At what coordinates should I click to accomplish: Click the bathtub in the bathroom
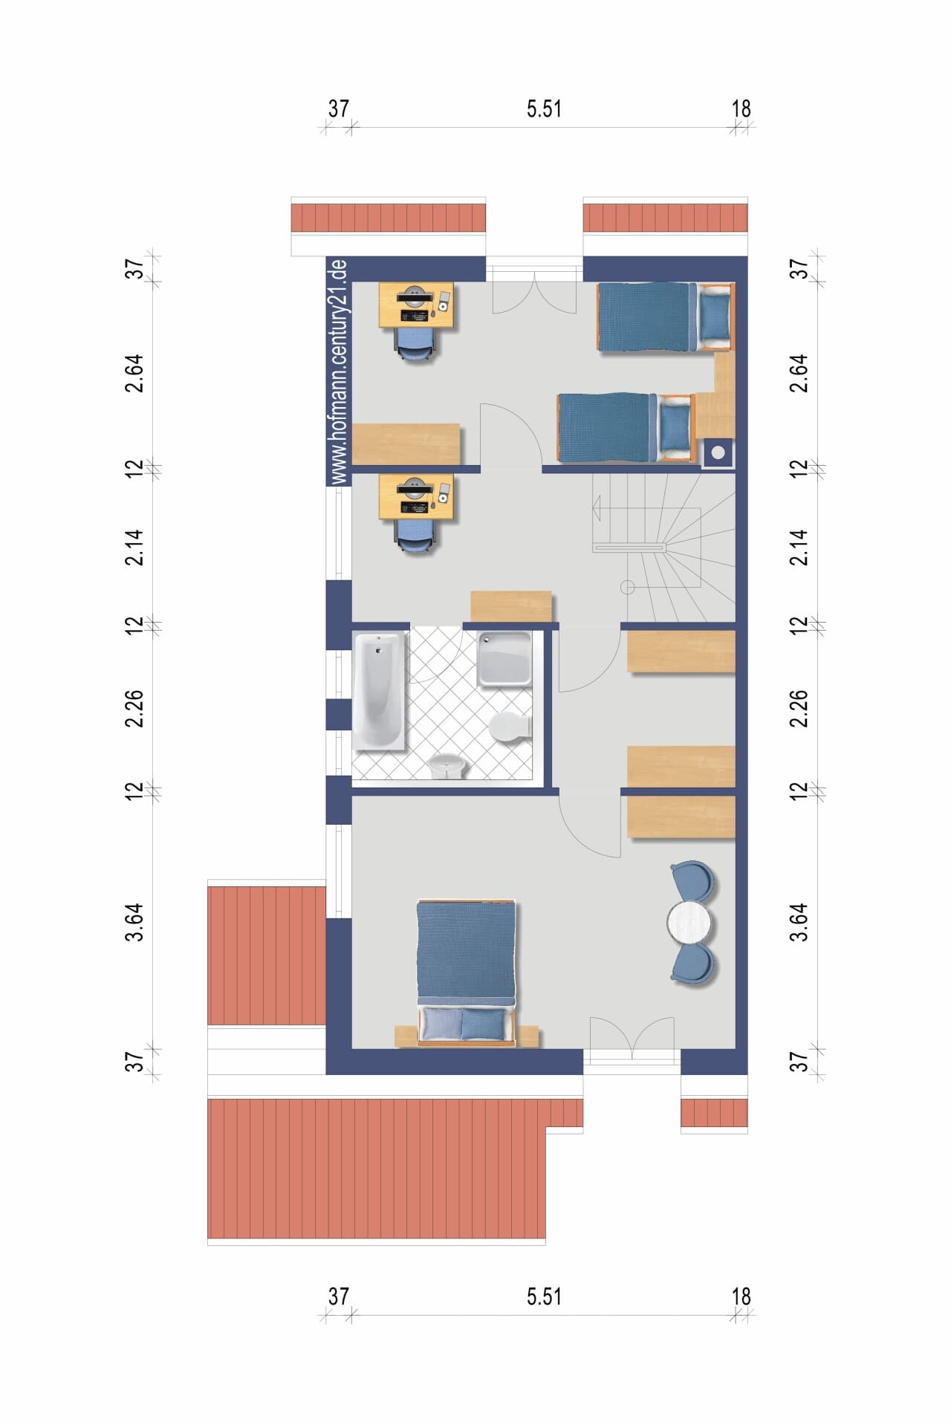[x=380, y=690]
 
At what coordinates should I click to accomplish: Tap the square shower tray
[x=505, y=658]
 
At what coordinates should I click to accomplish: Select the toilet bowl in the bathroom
[x=510, y=726]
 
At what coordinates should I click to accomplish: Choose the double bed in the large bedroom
[x=467, y=973]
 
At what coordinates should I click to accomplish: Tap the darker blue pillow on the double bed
[x=484, y=1025]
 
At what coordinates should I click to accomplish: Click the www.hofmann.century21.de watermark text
[x=339, y=372]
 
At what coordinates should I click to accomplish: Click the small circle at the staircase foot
[x=627, y=588]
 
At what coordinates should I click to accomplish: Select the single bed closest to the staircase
[x=626, y=428]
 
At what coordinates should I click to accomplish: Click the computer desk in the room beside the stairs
[x=416, y=497]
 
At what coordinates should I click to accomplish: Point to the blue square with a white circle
[x=718, y=452]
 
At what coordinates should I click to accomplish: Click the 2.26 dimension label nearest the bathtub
[x=134, y=710]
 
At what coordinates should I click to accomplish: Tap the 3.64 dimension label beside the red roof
[x=134, y=922]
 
